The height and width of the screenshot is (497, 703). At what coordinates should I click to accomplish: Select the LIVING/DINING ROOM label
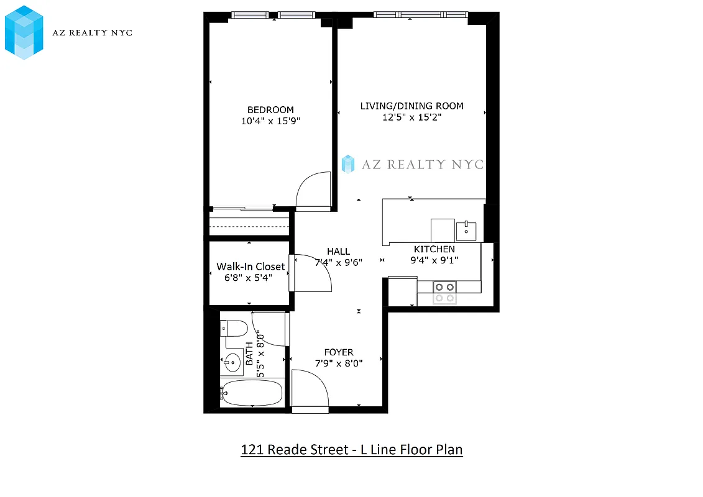pyautogui.click(x=411, y=106)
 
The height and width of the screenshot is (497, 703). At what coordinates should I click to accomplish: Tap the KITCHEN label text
pyautogui.click(x=434, y=249)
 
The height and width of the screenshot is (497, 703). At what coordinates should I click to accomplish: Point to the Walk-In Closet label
pyautogui.click(x=250, y=267)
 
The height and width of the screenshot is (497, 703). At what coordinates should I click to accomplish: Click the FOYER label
pyautogui.click(x=339, y=352)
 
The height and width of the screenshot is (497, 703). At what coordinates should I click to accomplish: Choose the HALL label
pyautogui.click(x=339, y=251)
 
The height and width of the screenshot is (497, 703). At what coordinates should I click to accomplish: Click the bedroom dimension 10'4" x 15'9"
pyautogui.click(x=270, y=121)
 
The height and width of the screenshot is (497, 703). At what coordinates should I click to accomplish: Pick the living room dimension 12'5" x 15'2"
pyautogui.click(x=411, y=117)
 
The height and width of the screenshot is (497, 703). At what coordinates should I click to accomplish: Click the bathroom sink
pyautogui.click(x=232, y=362)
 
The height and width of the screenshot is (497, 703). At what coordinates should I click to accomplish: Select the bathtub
pyautogui.click(x=251, y=393)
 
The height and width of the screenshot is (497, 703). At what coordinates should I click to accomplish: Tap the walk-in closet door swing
pyautogui.click(x=315, y=273)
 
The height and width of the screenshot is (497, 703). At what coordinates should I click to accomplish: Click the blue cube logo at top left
pyautogui.click(x=24, y=32)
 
